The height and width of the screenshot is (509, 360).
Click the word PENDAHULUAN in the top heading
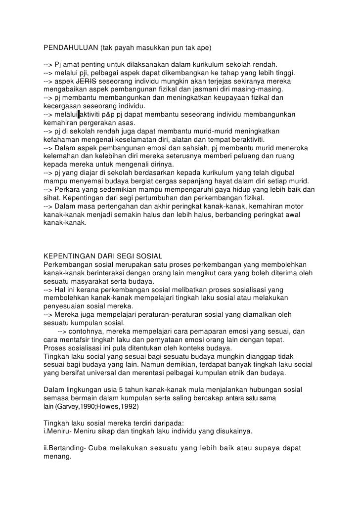coord(70,48)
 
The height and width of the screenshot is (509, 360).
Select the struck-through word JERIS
coord(87,81)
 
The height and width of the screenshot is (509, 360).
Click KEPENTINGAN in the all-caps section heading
coord(67,256)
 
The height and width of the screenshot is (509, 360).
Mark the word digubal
coord(283,172)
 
